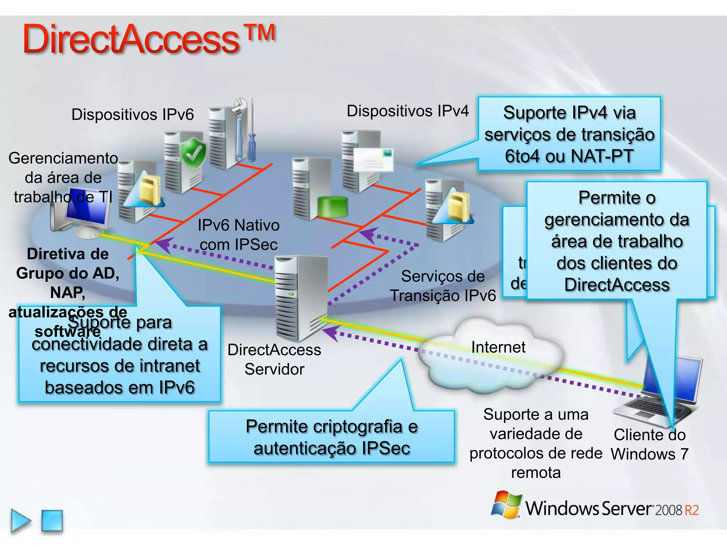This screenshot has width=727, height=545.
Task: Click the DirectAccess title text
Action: [131, 39]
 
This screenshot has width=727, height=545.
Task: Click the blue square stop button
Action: [52, 521]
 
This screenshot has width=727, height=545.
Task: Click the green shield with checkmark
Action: [193, 153]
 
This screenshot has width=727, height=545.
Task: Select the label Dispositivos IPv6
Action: [132, 115]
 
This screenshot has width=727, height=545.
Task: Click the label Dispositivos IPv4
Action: [408, 111]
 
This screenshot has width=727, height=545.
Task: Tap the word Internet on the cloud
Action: [498, 347]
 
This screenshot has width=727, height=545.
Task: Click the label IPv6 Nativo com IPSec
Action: [239, 235]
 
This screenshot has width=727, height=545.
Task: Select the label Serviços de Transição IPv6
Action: [443, 286]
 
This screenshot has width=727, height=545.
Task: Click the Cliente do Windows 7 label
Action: [649, 444]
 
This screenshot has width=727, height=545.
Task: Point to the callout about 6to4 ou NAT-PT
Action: [569, 134]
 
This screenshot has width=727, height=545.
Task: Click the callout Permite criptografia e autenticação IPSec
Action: [332, 437]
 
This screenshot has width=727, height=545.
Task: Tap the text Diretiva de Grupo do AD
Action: [67, 264]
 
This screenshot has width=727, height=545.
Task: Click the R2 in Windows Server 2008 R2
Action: [692, 510]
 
